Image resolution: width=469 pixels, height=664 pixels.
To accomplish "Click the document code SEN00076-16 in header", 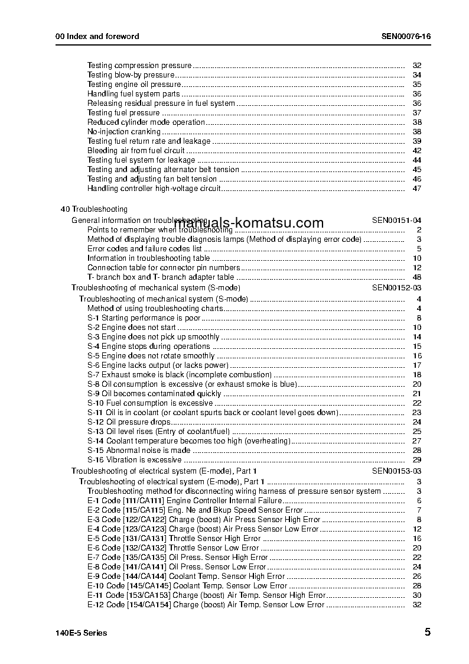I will coord(406,36).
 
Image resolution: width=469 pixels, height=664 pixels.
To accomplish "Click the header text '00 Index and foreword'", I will coord(97,36).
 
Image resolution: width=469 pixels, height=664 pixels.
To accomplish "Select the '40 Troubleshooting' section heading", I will coord(94,209).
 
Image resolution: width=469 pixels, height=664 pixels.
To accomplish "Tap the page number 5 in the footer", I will coord(427,632).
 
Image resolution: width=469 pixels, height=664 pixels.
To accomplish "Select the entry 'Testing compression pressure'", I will coord(139,66).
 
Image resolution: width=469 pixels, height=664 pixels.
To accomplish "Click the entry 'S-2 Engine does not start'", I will coord(131,328).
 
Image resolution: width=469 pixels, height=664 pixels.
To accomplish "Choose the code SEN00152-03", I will coord(396,288).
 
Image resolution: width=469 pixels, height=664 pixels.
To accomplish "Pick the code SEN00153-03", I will coord(396,471).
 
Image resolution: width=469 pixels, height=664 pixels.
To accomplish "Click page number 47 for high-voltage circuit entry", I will coord(416,189).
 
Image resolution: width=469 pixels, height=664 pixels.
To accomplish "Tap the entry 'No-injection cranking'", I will coord(123,132).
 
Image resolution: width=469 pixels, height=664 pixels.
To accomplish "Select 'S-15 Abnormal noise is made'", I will coord(139,451).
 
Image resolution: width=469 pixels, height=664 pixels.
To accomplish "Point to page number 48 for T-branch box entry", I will coord(416,277).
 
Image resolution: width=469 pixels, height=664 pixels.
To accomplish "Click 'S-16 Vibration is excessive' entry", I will coord(134,460).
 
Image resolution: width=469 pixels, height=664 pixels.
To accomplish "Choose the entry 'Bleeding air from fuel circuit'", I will coord(136,151).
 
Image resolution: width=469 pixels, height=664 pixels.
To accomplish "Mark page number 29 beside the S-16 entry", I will coord(416,460).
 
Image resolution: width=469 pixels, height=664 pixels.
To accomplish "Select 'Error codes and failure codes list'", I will coord(144,249).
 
